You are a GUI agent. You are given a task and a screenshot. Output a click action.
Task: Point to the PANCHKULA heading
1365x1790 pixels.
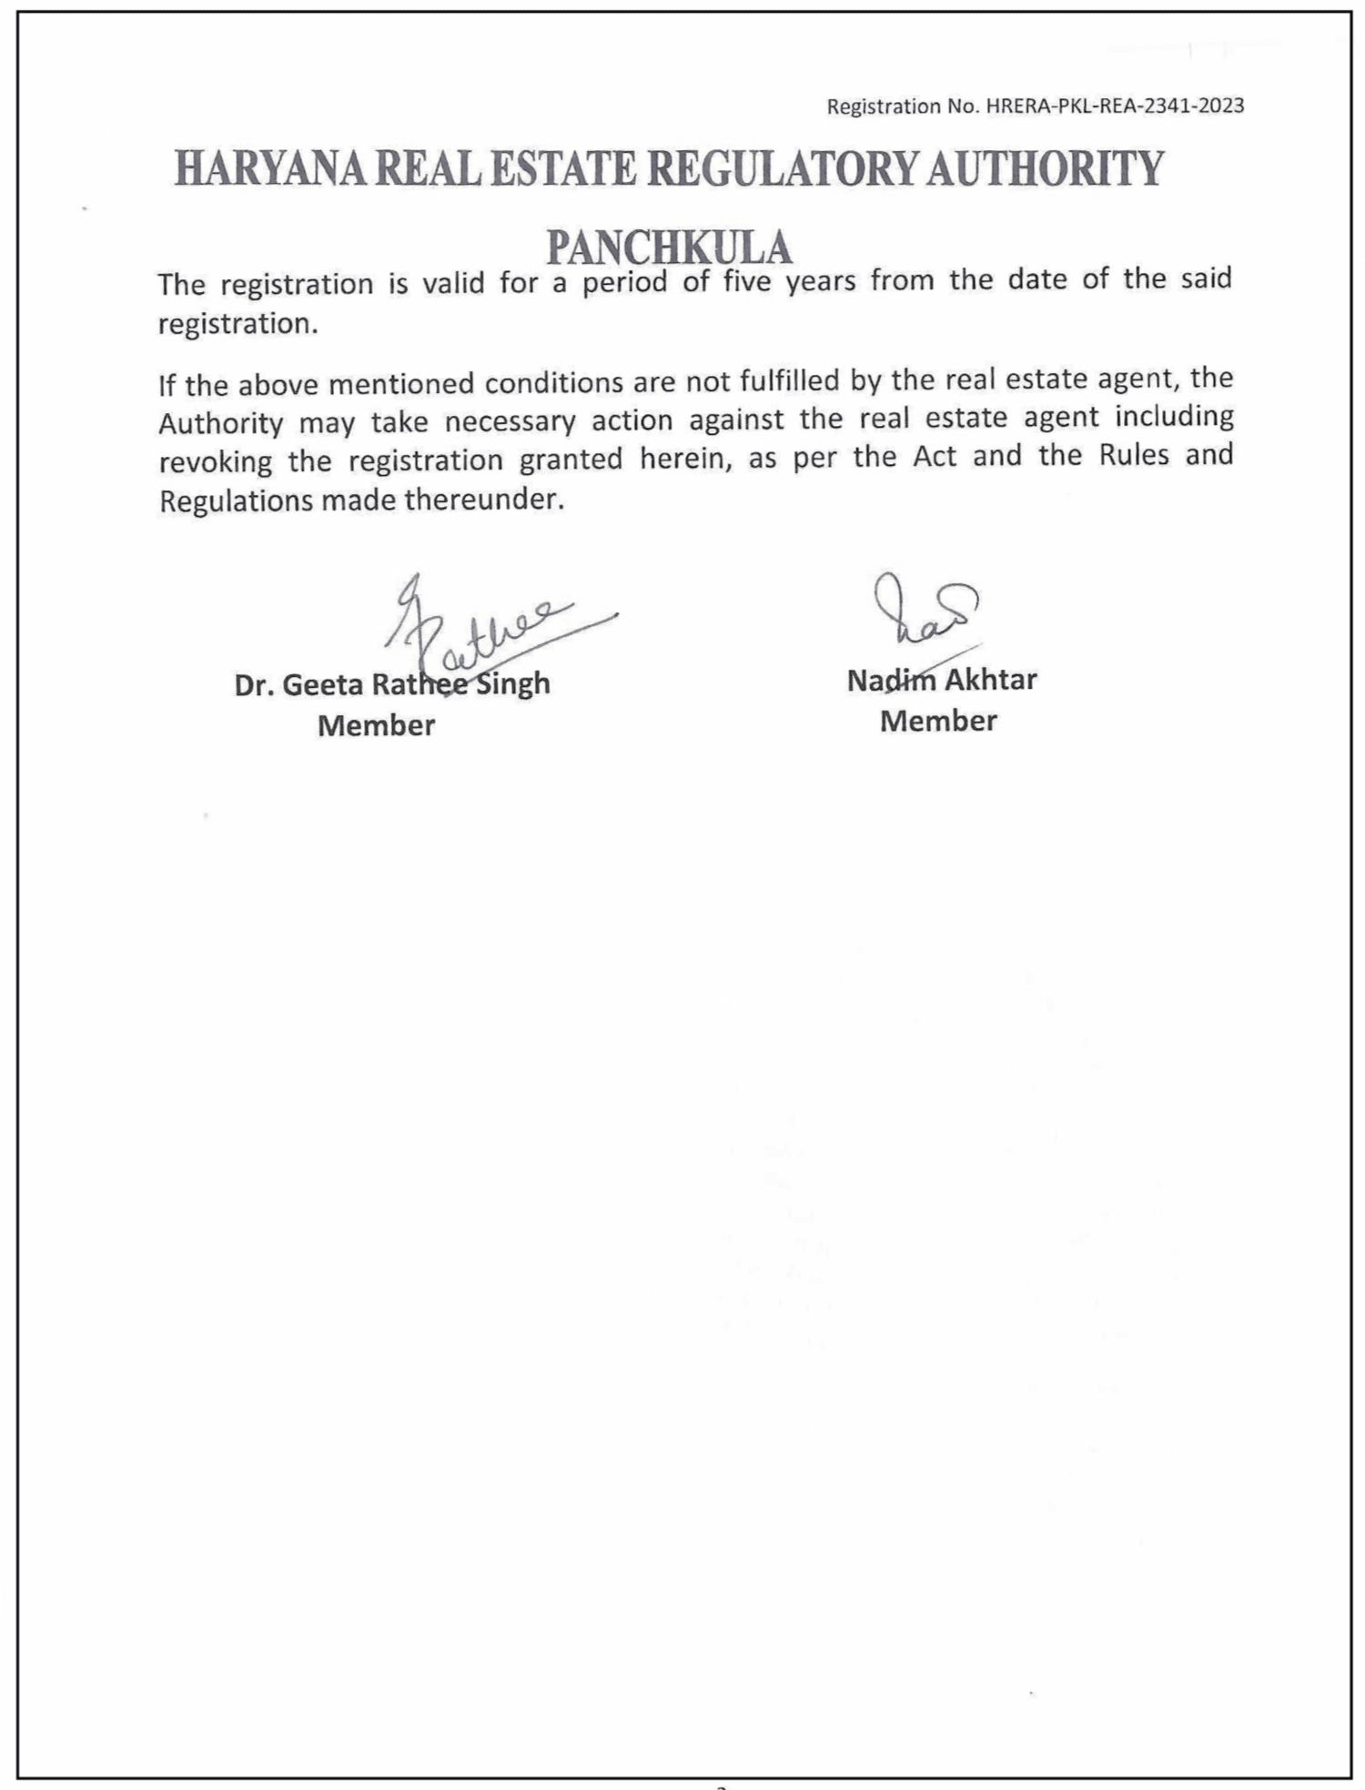[x=669, y=247]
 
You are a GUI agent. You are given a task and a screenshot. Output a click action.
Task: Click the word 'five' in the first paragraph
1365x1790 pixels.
[x=747, y=281]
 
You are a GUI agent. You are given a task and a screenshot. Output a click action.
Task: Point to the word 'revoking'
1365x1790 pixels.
[x=216, y=462]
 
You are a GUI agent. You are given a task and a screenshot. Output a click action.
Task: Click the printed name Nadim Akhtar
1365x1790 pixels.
[x=942, y=680]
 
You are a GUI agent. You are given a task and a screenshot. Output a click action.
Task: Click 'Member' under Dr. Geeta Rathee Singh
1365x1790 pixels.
[x=376, y=725]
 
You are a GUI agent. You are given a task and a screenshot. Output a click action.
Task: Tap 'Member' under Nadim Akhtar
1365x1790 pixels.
[x=938, y=721]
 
